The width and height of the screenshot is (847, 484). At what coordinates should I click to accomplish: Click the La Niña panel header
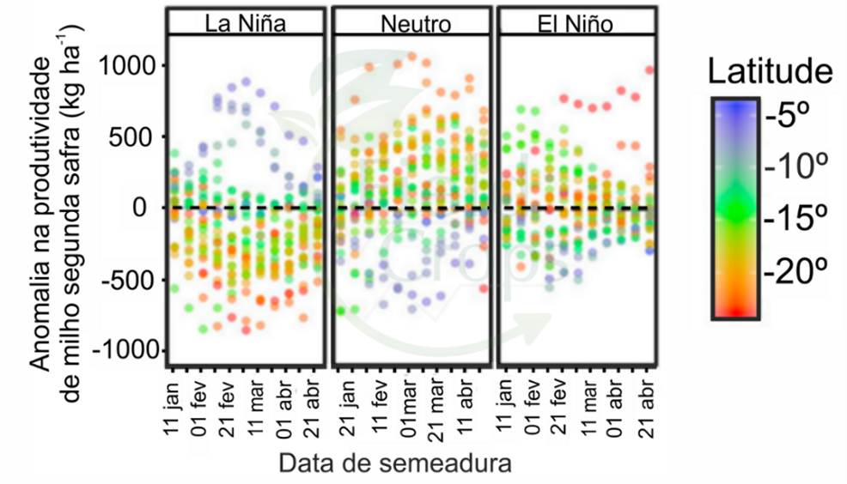[x=245, y=23]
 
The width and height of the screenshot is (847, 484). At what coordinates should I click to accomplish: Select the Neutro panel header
[x=415, y=23]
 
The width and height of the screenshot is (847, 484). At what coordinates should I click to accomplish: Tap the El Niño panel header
[x=575, y=23]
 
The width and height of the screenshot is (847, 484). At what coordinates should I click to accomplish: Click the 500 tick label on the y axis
[x=133, y=136]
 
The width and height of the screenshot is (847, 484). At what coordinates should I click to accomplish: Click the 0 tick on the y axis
[x=148, y=208]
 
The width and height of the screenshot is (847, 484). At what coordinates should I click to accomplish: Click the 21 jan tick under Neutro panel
[x=343, y=408]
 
